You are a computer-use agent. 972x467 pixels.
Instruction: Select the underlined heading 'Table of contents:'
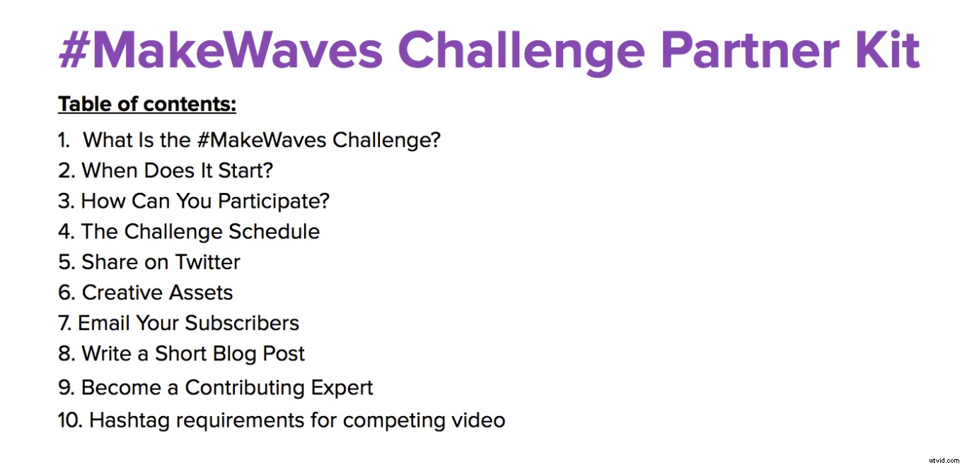pyautogui.click(x=147, y=105)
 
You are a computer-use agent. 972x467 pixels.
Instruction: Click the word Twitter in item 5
pyautogui.click(x=208, y=262)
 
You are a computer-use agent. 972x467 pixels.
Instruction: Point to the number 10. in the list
pyautogui.click(x=71, y=420)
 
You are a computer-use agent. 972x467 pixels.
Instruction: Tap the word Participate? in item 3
pyautogui.click(x=274, y=201)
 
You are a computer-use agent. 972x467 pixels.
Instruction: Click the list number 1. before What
pyautogui.click(x=64, y=140)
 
